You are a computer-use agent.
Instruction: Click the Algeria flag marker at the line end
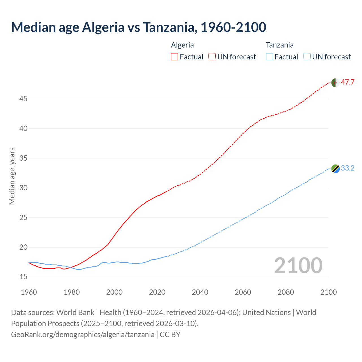[335, 83]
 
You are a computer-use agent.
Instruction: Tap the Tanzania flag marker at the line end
[335, 169]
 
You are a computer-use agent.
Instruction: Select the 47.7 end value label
[348, 82]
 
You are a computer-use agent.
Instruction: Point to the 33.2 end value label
[348, 168]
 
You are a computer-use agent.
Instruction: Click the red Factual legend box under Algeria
[174, 57]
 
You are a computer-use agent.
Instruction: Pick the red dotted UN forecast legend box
[212, 57]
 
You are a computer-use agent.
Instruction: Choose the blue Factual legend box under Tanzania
[269, 57]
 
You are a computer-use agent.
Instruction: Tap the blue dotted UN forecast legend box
[307, 57]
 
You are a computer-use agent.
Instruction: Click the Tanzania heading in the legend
[279, 45]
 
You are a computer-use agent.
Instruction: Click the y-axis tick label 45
[23, 99]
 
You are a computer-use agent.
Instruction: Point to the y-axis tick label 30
[23, 188]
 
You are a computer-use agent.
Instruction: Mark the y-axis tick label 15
[23, 277]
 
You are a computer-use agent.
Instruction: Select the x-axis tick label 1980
[72, 292]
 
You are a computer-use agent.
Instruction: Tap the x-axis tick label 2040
[200, 292]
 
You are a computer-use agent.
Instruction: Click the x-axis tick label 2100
[329, 292]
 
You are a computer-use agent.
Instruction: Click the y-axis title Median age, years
[12, 176]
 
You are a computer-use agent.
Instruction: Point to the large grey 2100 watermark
[298, 265]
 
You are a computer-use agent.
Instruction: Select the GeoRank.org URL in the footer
[83, 335]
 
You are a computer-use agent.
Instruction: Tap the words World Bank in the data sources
[75, 313]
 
